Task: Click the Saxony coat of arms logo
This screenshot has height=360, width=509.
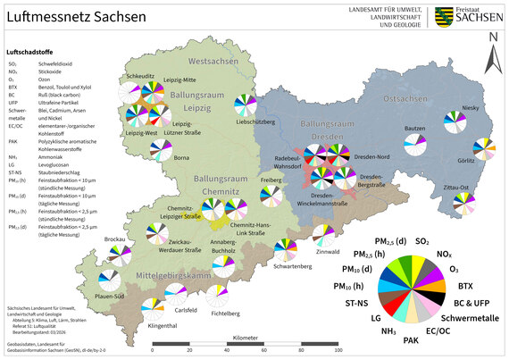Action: tap(443, 16)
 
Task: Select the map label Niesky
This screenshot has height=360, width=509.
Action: tap(471, 108)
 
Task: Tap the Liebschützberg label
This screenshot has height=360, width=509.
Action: tap(255, 121)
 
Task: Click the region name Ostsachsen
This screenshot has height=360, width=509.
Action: tap(405, 96)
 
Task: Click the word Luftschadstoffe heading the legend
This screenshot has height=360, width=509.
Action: tap(29, 53)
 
